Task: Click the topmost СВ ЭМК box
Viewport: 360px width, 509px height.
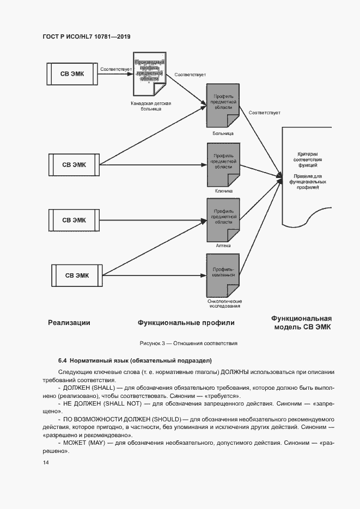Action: pos(72,73)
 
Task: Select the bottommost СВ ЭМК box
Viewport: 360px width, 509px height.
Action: pos(77,275)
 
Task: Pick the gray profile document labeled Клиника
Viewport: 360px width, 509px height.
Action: pos(223,164)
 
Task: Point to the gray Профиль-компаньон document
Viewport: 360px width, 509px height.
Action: pos(223,274)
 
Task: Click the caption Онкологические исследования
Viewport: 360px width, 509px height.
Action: pos(224,304)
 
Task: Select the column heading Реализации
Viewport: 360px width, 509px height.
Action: pos(69,323)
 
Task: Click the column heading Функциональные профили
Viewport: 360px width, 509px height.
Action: pos(186,323)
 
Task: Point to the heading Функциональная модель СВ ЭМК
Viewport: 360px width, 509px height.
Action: pos(301,323)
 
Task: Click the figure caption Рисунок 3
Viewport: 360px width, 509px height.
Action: pos(188,344)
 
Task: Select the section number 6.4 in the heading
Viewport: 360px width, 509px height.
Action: pos(62,361)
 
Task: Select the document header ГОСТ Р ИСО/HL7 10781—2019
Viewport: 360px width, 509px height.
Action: pos(86,36)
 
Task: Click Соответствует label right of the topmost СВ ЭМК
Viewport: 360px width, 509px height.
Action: pos(114,69)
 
